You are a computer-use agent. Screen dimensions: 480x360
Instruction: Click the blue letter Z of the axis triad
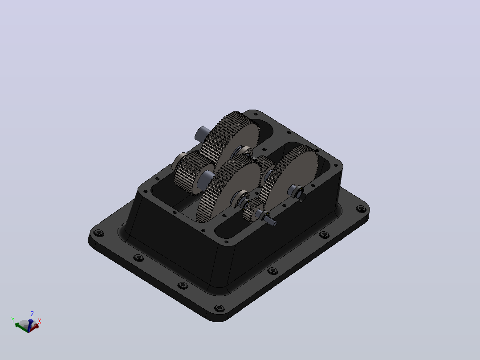pos(32,315)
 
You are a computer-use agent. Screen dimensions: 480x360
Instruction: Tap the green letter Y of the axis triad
pos(13,320)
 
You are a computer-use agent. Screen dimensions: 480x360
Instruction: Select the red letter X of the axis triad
pos(40,321)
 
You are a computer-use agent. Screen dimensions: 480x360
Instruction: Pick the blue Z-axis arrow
pos(30,325)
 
